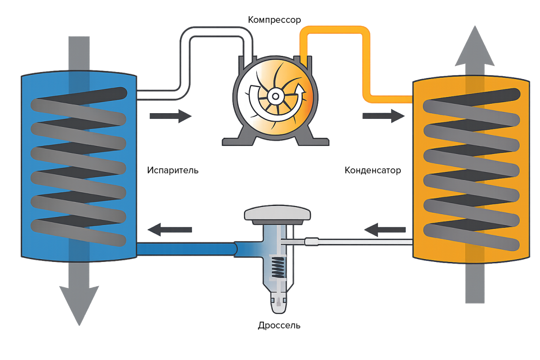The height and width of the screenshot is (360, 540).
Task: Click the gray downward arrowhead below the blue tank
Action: [x=79, y=303]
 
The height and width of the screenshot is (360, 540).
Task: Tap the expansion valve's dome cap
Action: [x=278, y=214]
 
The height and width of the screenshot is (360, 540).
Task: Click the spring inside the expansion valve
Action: [x=278, y=268]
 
